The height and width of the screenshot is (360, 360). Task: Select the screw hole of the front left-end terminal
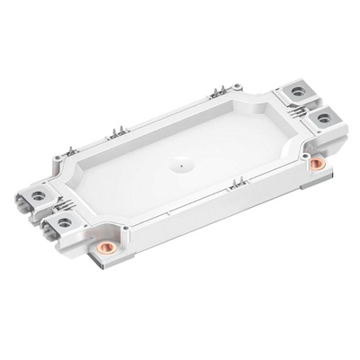click(65, 219)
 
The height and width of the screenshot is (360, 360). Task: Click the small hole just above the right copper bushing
click(310, 151)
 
